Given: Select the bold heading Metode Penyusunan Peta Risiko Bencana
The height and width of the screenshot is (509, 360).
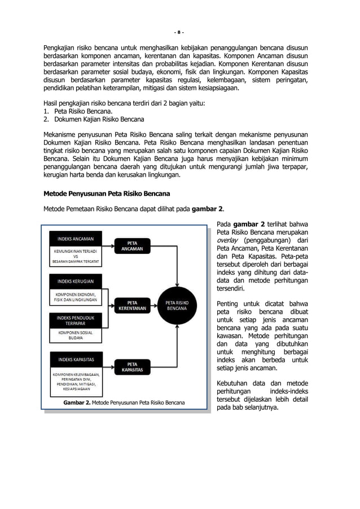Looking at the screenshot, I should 107,194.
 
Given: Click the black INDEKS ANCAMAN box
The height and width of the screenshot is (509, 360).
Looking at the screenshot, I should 75,238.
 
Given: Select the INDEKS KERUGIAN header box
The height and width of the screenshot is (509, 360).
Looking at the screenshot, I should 75,280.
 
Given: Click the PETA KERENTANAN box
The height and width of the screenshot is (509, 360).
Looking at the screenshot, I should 133,305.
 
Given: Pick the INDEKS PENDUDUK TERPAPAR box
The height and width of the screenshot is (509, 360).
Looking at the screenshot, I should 75,321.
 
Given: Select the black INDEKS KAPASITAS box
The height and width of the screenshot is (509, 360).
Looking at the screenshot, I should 75,359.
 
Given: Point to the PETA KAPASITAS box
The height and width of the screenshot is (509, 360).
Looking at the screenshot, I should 133,367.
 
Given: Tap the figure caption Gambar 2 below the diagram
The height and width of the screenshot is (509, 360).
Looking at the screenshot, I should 124,403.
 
